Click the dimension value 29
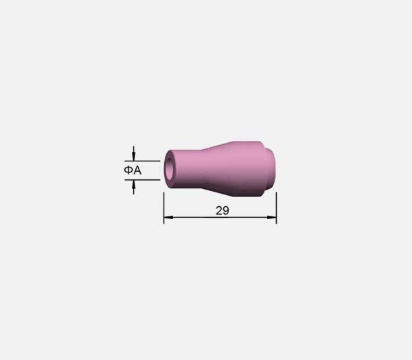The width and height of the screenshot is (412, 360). click(222, 210)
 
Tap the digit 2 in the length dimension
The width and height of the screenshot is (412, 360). click(219, 210)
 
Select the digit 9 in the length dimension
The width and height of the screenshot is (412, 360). click(226, 210)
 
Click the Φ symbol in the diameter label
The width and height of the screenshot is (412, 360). click(128, 170)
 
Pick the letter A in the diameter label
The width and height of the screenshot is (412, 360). click(137, 170)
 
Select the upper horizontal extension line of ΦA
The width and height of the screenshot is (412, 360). click(142, 161)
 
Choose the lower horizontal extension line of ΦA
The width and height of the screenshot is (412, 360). click(142, 180)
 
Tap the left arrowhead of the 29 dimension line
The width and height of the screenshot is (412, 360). click(168, 217)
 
